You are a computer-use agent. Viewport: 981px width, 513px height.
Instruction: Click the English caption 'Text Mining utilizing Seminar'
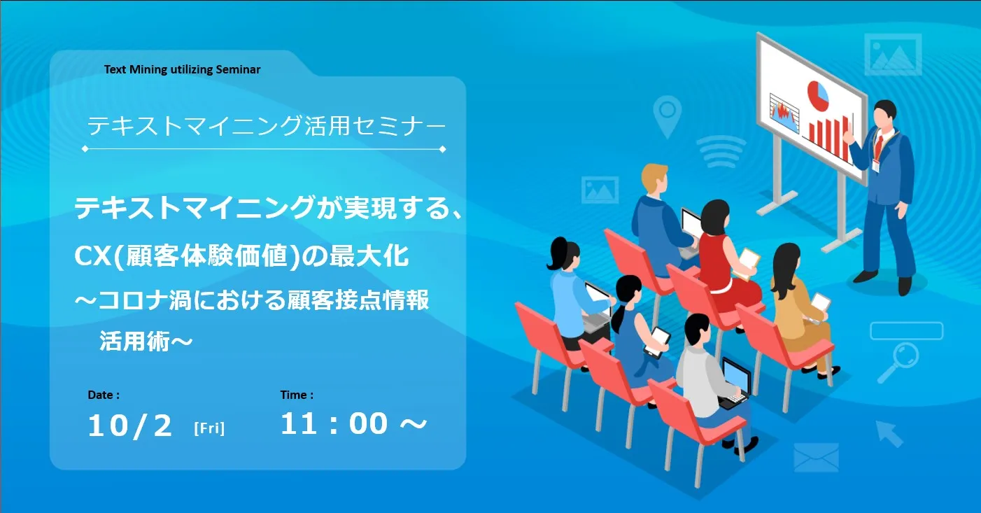pos(182,70)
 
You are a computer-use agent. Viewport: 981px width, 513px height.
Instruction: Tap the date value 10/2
pos(130,426)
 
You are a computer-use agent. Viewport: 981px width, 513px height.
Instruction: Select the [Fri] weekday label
pos(209,428)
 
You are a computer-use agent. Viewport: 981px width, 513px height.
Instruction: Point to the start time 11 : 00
pos(334,423)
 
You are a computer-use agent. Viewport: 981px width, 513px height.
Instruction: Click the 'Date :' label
pos(104,395)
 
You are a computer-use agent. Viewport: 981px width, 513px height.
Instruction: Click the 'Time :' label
pos(297,395)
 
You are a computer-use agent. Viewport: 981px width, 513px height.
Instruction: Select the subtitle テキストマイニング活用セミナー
pos(267,126)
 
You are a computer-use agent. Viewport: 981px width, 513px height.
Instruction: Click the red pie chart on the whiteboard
pos(818,94)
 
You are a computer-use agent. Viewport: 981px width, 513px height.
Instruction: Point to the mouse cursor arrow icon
pos(889,434)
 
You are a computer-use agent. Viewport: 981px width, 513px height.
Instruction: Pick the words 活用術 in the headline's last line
pos(134,342)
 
